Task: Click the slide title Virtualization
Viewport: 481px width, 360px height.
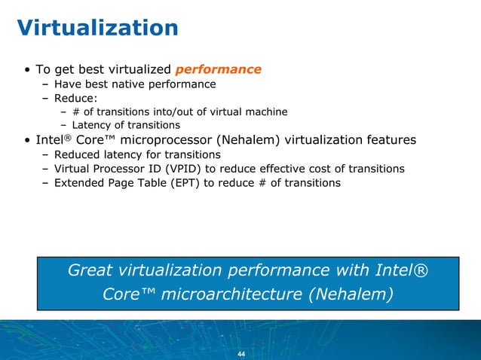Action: [98, 28]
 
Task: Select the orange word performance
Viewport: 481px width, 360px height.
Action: [218, 69]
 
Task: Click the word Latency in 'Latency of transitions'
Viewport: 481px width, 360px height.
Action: [91, 125]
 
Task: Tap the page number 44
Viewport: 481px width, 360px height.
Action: [241, 354]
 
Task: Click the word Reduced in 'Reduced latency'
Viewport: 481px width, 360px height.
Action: [78, 154]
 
